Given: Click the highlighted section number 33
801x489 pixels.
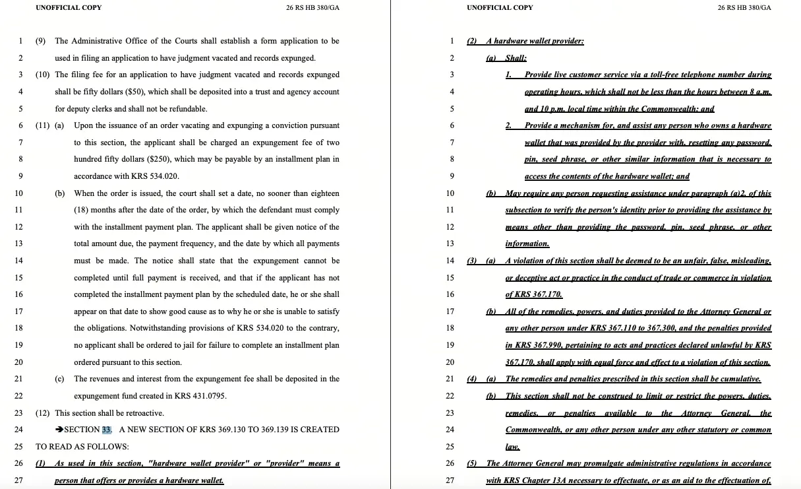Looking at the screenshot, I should click(x=107, y=430).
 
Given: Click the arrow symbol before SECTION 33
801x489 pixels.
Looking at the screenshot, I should click(x=59, y=430).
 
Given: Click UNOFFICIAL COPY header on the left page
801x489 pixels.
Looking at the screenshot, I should click(x=69, y=8).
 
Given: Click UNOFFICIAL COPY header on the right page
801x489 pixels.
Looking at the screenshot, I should click(x=500, y=8).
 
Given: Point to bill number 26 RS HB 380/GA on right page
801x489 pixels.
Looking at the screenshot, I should click(x=744, y=8).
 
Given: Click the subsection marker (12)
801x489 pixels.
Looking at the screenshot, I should click(x=43, y=413).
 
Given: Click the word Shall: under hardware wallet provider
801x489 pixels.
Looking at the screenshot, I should click(x=516, y=58).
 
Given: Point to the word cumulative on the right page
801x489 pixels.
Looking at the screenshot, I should click(x=740, y=379).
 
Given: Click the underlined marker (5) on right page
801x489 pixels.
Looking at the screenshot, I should click(x=472, y=463).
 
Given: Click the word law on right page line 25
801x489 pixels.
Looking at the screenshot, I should click(x=512, y=447).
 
